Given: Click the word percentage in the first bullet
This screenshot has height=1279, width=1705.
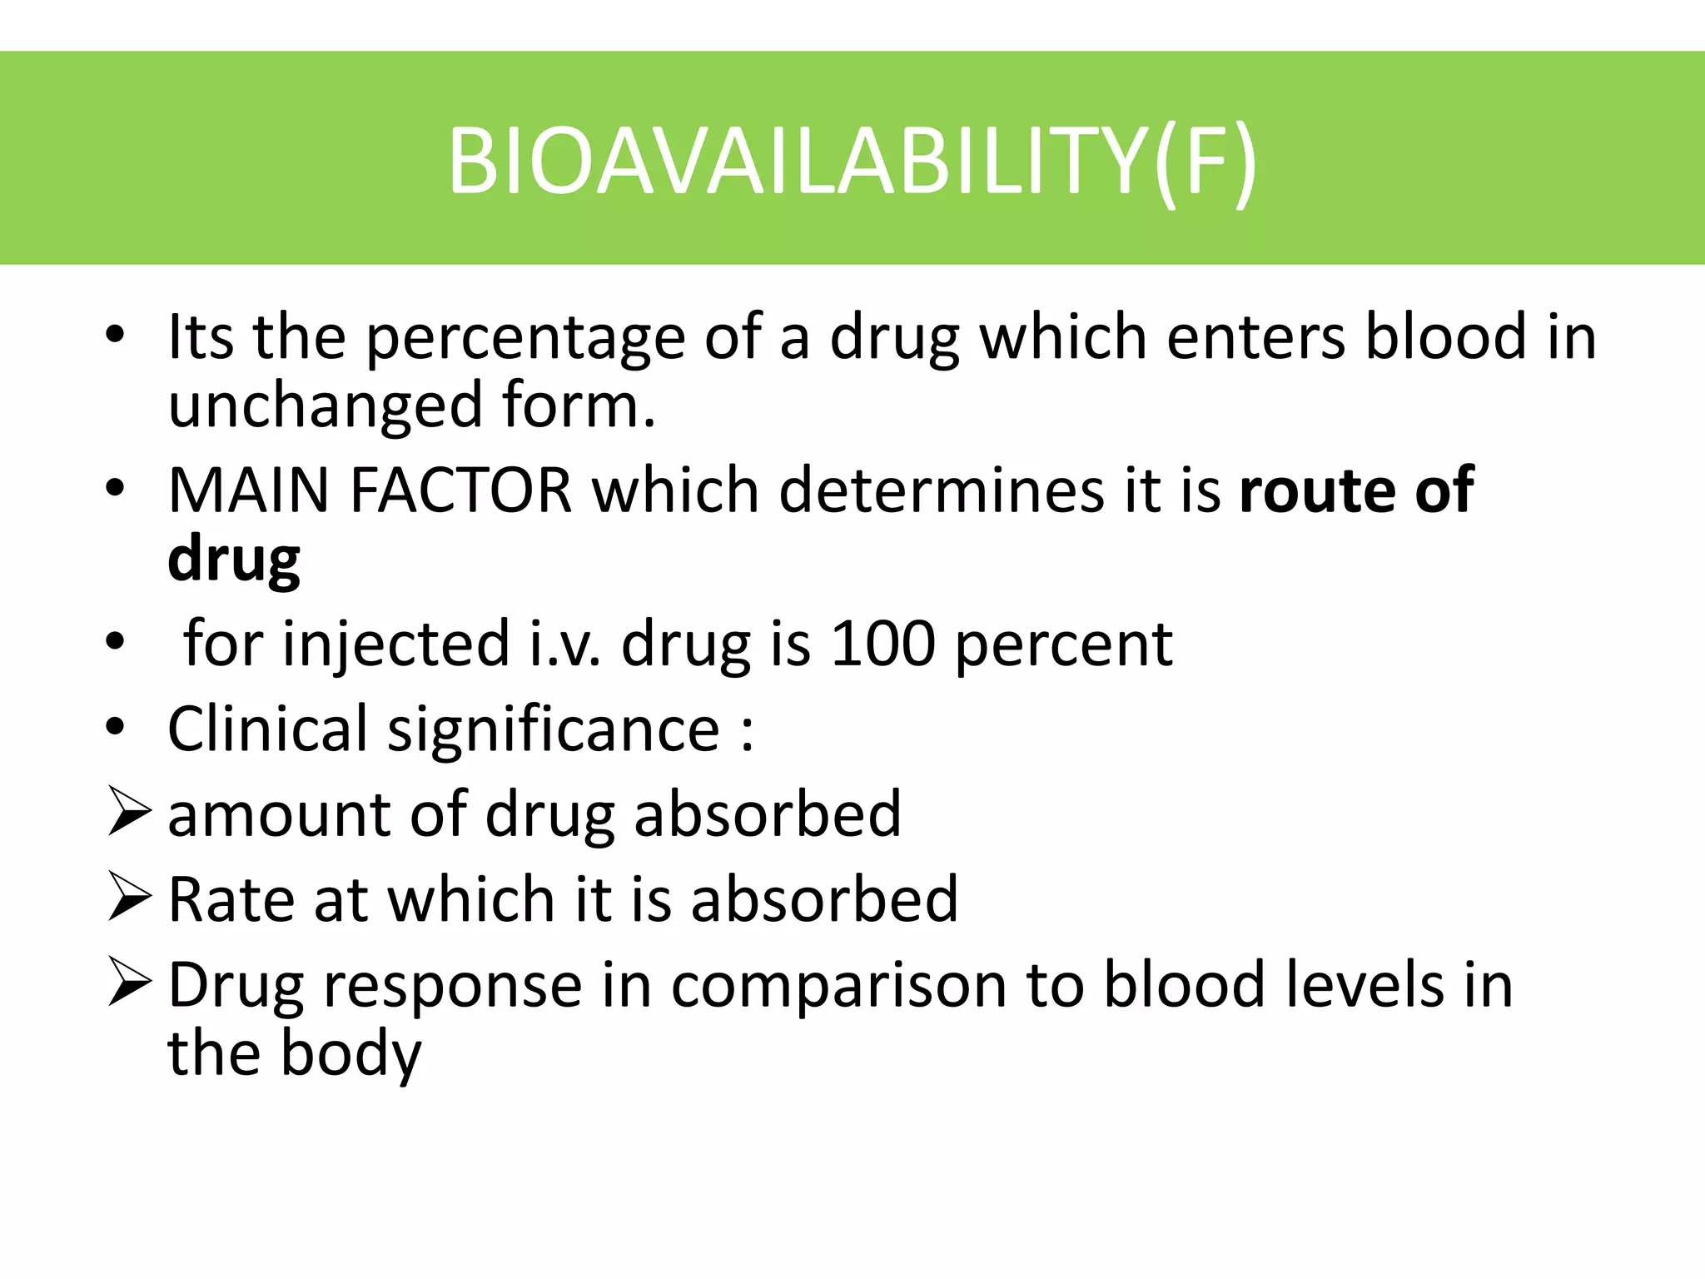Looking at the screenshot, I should coord(525,339).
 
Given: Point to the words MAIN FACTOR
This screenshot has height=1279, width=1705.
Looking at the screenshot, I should coord(370,490).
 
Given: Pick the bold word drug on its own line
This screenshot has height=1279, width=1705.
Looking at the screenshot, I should coord(234,560).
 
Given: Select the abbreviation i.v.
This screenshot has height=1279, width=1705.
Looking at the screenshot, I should coord(565,644).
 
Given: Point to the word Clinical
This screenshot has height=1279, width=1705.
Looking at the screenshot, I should coord(267,729).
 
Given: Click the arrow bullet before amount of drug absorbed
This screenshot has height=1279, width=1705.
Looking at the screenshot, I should coord(129,813).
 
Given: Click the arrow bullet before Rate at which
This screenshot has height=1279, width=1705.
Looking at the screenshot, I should coord(129,898).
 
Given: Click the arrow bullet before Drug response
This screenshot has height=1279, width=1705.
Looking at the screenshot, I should coord(129,983).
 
